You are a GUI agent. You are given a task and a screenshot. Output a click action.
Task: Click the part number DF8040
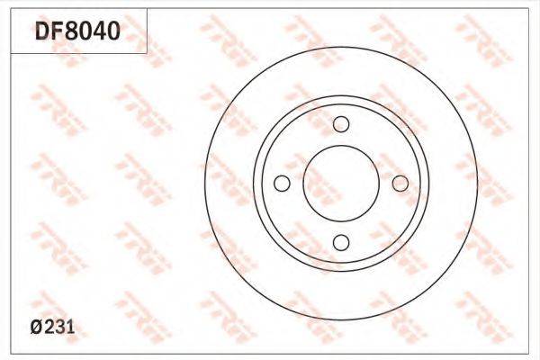tap(77, 31)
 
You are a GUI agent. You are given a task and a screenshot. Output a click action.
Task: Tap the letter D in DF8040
tap(42, 31)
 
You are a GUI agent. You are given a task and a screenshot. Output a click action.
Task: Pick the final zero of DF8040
tap(113, 31)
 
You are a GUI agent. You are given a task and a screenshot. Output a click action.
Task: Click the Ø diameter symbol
tap(37, 327)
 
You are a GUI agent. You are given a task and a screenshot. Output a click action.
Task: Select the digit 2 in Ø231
tap(49, 327)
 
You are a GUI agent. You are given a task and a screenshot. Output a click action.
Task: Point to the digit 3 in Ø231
tap(60, 327)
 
